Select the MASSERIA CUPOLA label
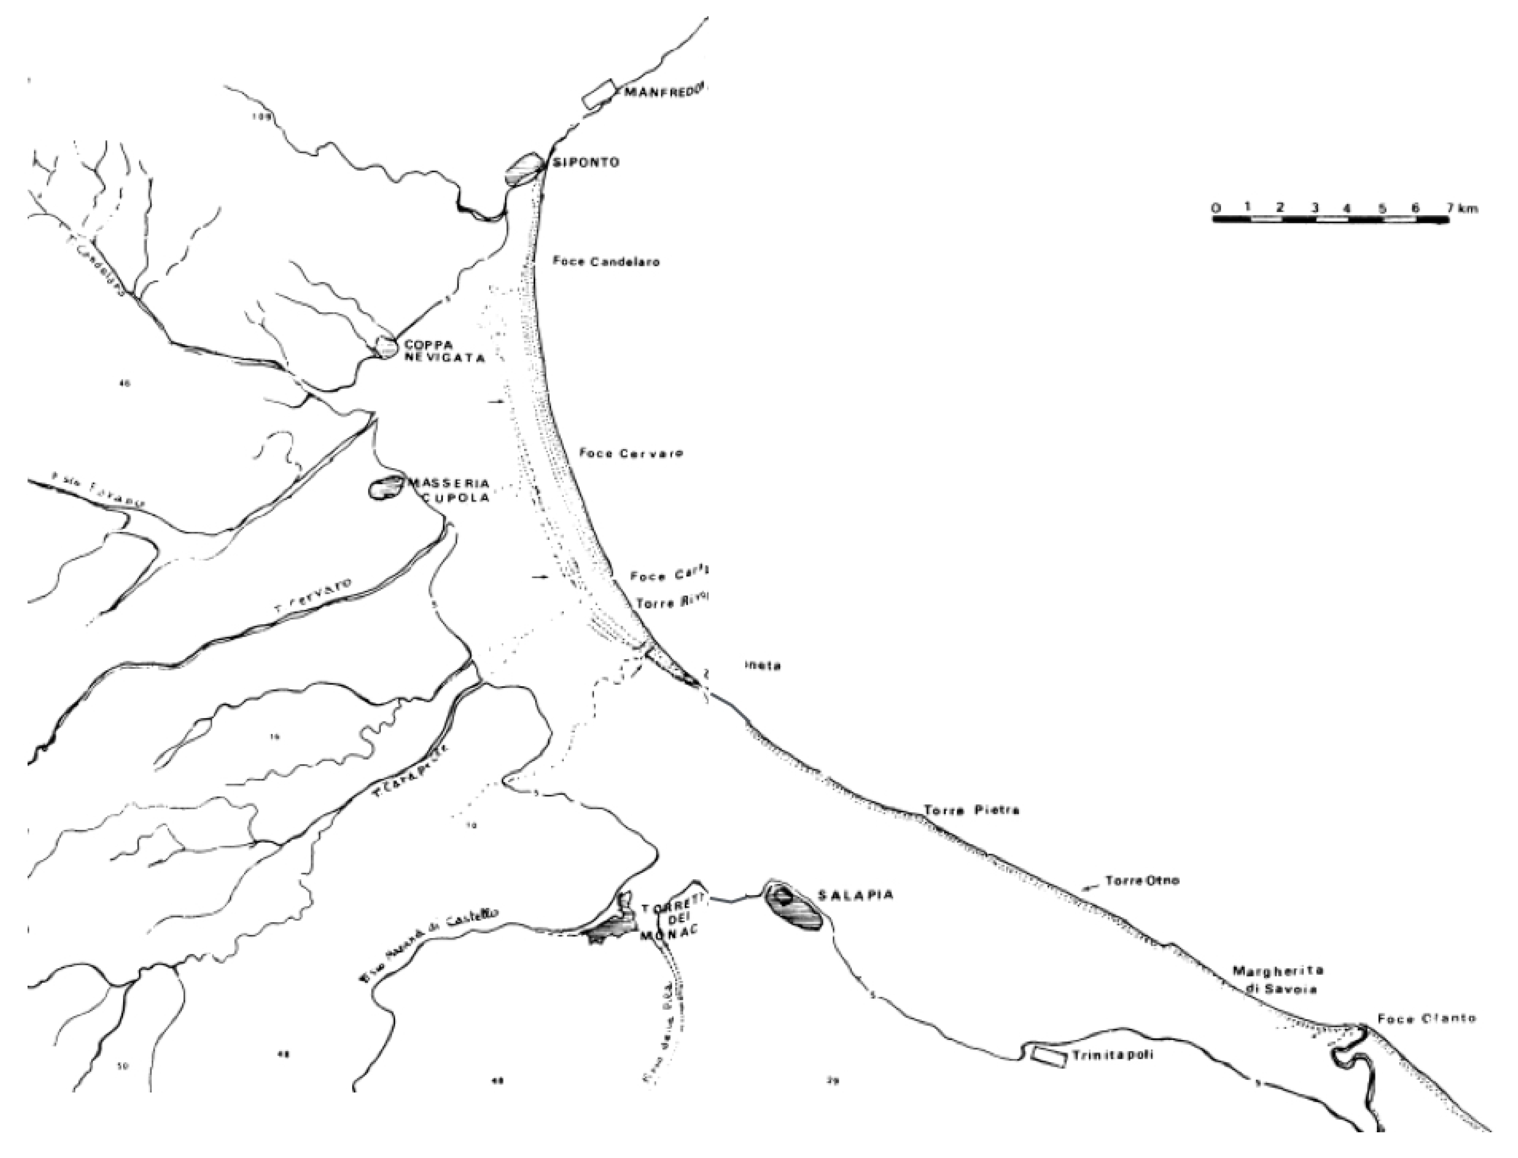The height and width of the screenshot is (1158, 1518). (x=448, y=488)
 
